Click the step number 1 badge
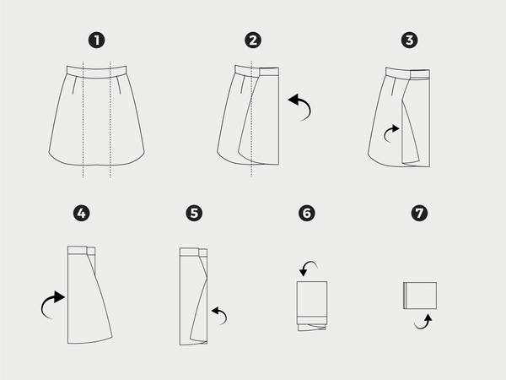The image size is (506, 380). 96,41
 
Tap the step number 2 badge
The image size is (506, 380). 253,41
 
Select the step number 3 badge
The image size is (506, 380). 410,41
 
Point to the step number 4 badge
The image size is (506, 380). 81,214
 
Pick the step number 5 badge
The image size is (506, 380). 194,214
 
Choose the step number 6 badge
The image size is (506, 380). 307,214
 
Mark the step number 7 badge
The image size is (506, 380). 419,214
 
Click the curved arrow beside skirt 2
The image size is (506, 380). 308,104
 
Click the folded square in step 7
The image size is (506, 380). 420,296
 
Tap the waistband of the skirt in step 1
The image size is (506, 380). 96,72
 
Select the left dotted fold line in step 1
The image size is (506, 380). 83,119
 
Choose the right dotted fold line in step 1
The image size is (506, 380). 110,119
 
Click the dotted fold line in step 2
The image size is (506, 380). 251,118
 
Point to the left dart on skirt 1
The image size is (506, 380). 74,85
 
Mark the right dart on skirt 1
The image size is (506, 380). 119,85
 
